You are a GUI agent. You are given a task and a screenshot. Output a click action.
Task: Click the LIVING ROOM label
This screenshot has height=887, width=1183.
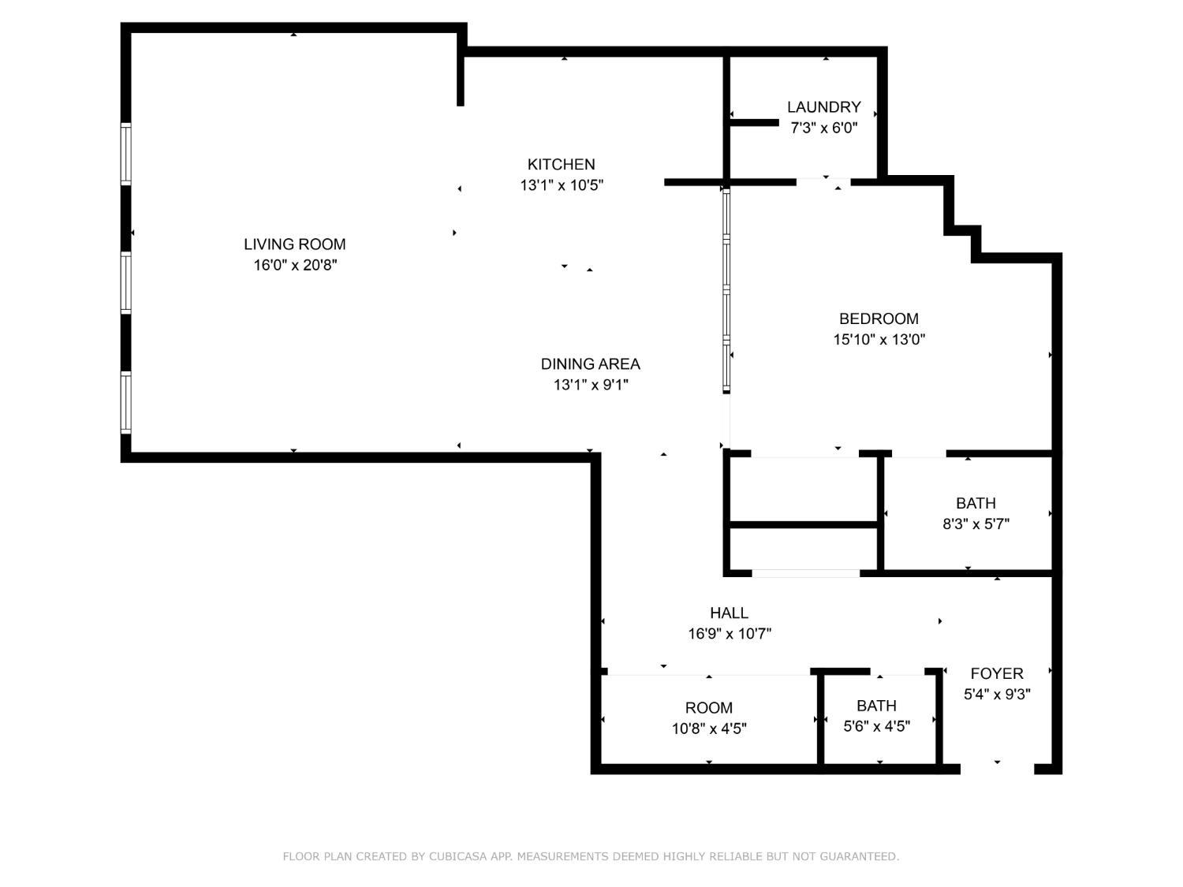pos(294,244)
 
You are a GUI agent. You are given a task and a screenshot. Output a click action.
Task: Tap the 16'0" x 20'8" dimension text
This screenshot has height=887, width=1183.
pos(294,266)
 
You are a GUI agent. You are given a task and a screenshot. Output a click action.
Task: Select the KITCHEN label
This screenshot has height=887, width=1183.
pos(561,164)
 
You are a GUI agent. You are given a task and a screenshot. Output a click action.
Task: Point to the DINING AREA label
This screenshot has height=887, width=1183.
pos(590,363)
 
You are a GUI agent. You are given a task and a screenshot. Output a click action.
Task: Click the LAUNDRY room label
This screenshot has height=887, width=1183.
pos(823,106)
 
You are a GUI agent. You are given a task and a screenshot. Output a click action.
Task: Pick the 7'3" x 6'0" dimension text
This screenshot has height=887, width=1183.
pos(823,128)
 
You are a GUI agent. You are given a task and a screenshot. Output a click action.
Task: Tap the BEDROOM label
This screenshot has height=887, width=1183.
pos(879,319)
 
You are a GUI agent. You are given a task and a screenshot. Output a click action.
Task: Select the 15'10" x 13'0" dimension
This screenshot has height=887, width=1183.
pos(879,340)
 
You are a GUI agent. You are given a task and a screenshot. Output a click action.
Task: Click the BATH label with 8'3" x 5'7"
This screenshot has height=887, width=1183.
pos(976,503)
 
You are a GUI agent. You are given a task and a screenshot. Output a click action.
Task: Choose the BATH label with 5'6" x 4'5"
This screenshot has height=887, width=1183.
pos(876,706)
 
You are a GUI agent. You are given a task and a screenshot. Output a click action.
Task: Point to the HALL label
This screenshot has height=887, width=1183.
pos(729,613)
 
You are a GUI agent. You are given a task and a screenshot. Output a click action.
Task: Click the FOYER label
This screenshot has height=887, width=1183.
pos(997,673)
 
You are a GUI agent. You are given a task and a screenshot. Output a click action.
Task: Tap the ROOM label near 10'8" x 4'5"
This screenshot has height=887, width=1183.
pos(708,708)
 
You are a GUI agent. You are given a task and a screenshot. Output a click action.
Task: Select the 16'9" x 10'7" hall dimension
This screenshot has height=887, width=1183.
pos(729,633)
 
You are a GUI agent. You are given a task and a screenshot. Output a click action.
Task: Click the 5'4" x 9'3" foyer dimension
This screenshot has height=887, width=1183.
pos(997,695)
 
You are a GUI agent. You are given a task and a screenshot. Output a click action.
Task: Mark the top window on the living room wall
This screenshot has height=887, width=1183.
pos(125,154)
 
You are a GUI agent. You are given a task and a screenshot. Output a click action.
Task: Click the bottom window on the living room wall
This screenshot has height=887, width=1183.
pos(125,402)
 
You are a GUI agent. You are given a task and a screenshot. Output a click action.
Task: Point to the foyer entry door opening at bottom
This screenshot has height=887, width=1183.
pos(997,768)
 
